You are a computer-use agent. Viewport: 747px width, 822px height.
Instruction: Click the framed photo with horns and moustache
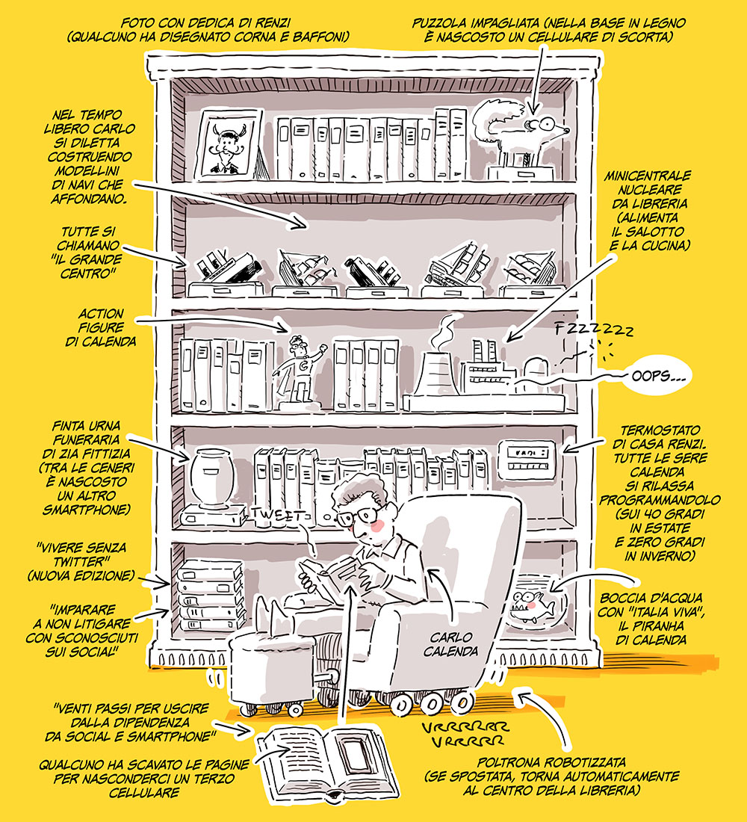[228, 145]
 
